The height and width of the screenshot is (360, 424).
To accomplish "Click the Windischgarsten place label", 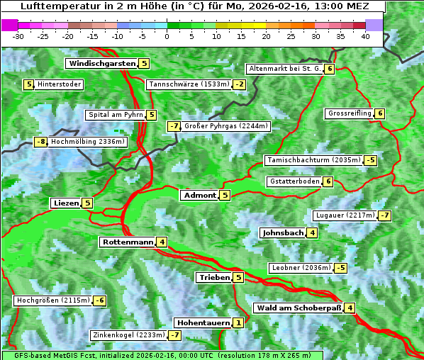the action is pyautogui.click(x=102, y=64).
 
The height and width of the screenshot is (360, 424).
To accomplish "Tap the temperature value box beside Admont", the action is pyautogui.click(x=225, y=196).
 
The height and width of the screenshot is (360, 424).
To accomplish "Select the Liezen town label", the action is pyautogui.click(x=66, y=203).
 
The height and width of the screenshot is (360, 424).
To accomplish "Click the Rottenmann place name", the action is pyautogui.click(x=128, y=242).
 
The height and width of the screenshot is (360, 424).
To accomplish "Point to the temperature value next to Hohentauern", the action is pyautogui.click(x=238, y=323).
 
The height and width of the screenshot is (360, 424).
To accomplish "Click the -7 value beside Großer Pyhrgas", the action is pyautogui.click(x=174, y=127).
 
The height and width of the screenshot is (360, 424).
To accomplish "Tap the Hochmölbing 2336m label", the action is pyautogui.click(x=87, y=142).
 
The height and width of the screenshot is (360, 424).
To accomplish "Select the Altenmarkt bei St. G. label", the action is pyautogui.click(x=284, y=69).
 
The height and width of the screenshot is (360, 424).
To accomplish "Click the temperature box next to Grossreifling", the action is pyautogui.click(x=380, y=113).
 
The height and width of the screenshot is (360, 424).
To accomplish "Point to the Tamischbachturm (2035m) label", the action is pyautogui.click(x=313, y=161).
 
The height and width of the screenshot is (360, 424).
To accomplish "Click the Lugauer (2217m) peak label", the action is pyautogui.click(x=344, y=215).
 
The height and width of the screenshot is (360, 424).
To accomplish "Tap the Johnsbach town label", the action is pyautogui.click(x=283, y=233).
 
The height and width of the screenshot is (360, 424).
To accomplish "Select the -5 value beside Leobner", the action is pyautogui.click(x=341, y=268).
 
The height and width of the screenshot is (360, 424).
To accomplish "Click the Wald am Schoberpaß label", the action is pyautogui.click(x=299, y=308).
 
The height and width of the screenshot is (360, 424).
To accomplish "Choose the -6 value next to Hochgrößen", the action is pyautogui.click(x=100, y=301).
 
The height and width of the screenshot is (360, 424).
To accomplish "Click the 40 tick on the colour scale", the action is pyautogui.click(x=365, y=36).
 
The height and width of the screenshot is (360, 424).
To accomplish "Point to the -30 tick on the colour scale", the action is pyautogui.click(x=18, y=36).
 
